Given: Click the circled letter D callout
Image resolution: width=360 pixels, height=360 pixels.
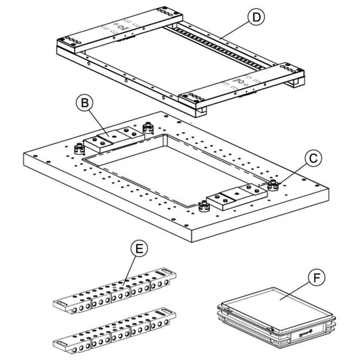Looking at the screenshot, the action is click(256, 17).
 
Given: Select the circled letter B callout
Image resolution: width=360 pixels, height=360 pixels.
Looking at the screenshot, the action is click(85, 103).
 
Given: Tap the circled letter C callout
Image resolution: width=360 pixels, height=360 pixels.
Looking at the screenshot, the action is click(313, 159).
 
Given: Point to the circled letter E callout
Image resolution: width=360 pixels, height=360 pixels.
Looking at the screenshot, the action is click(139, 249).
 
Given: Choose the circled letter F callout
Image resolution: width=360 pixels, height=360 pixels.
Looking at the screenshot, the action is click(317, 277).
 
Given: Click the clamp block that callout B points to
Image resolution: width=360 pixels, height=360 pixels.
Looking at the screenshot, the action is click(114, 139).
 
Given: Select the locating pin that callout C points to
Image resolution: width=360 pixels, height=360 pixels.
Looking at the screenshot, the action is click(273, 185).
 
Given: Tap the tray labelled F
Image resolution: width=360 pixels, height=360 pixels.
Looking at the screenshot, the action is click(277, 317).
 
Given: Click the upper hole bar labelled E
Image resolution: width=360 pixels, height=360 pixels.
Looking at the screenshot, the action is click(115, 291).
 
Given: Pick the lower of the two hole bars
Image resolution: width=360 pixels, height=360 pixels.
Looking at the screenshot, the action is click(115, 331).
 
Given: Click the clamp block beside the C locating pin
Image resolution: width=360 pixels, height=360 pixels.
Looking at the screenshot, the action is click(237, 197).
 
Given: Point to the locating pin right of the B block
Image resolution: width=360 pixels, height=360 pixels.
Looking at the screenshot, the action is click(148, 128).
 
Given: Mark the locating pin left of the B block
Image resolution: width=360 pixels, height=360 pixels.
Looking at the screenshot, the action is click(79, 149).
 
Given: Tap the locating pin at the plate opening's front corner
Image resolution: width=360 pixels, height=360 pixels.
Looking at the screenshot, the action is click(204, 206).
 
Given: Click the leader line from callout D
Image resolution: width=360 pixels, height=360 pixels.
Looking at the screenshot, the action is click(234, 31).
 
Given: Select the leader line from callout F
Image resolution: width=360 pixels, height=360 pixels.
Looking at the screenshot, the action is click(295, 291).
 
